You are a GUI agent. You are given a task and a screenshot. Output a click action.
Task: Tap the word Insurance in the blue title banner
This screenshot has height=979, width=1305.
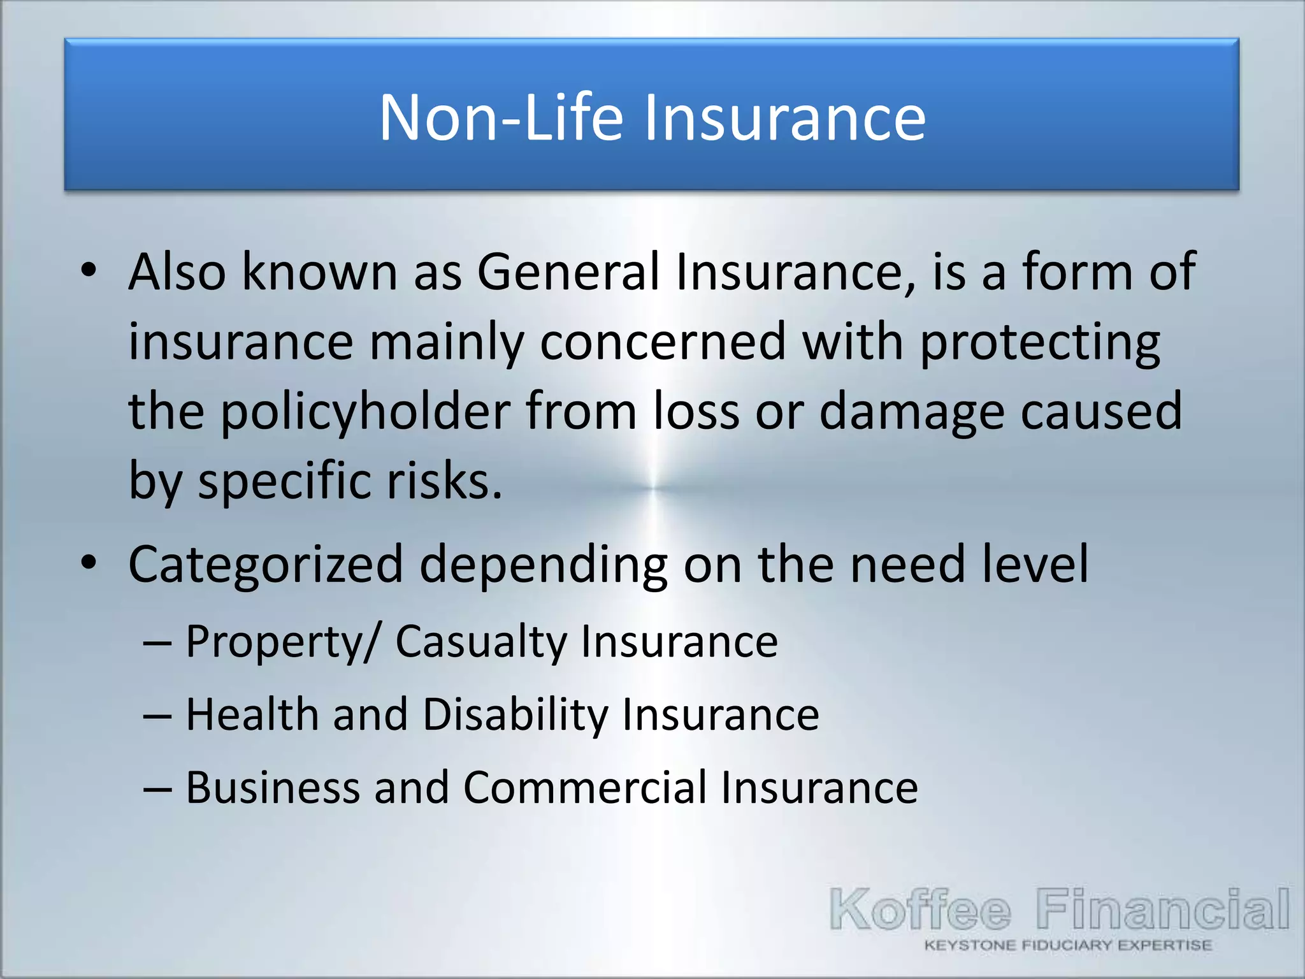click(x=784, y=117)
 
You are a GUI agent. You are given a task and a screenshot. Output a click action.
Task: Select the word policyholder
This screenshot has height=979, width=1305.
click(x=366, y=412)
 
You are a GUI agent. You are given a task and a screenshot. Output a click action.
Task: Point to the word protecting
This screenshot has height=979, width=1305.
click(x=1040, y=342)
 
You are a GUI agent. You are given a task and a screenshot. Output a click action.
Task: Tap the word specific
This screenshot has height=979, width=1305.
click(x=285, y=481)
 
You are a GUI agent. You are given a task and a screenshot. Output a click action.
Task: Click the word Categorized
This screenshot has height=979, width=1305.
click(x=266, y=565)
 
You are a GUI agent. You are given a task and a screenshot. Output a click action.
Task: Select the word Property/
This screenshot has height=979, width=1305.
click(x=283, y=641)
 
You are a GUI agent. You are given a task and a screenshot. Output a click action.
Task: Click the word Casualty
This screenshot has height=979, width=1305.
click(x=480, y=641)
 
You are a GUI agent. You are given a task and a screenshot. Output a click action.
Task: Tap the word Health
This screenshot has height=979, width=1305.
click(x=252, y=714)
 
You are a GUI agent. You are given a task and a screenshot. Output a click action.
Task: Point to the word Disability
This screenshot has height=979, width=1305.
click(x=515, y=714)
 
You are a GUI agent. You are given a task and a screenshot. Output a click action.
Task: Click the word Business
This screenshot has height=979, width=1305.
click(x=273, y=788)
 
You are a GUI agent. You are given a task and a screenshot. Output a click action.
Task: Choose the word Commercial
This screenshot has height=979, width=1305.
click(x=584, y=788)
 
